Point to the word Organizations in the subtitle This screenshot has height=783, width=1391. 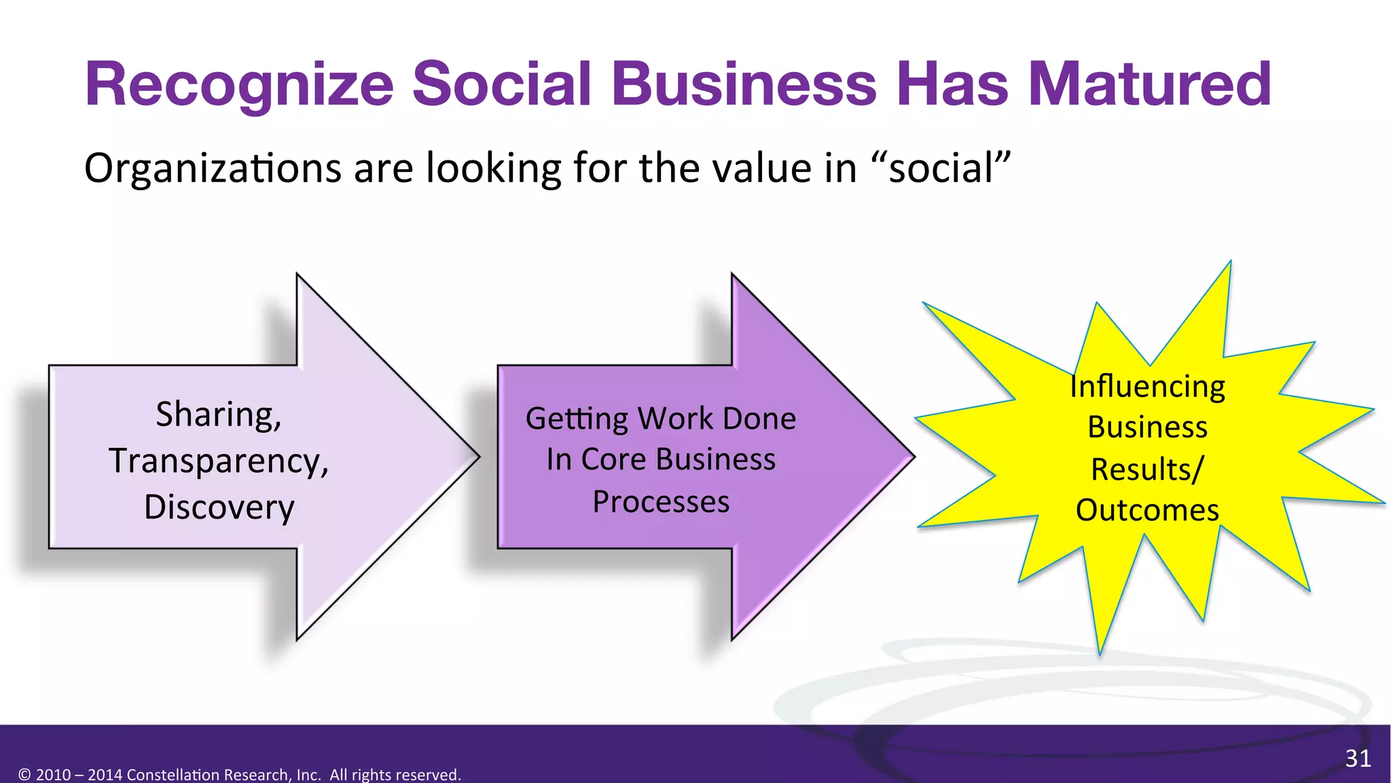click(213, 169)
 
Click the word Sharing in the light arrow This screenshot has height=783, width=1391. click(218, 414)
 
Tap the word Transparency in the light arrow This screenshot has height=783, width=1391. click(218, 461)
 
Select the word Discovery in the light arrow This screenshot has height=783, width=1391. click(219, 507)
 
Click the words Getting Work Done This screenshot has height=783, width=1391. click(660, 418)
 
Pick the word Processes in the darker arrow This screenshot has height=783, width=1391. click(660, 502)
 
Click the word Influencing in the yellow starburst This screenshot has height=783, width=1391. click(1147, 386)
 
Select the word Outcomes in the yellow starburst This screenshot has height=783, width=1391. click(1147, 510)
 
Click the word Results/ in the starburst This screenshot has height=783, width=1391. click(1147, 469)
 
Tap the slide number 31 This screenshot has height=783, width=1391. click(1358, 758)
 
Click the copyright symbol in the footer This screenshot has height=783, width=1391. click(24, 775)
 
